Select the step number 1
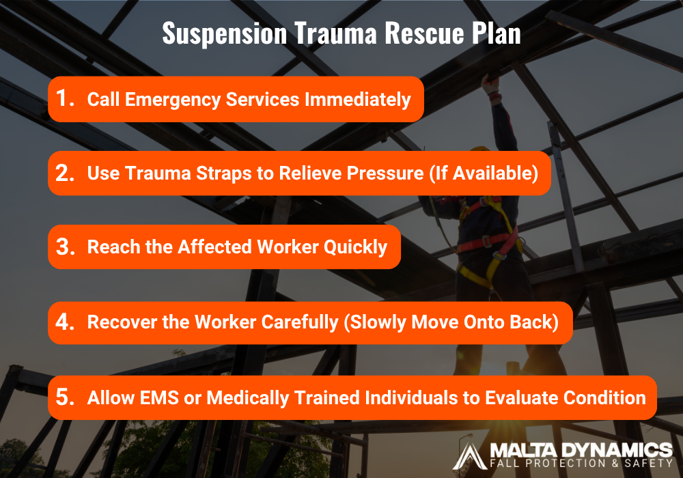(x=64, y=99)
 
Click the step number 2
(x=65, y=173)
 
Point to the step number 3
(x=65, y=247)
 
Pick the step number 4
(x=65, y=322)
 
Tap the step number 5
(x=65, y=397)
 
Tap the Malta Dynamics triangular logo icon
(x=470, y=455)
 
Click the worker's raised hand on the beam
(x=489, y=83)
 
